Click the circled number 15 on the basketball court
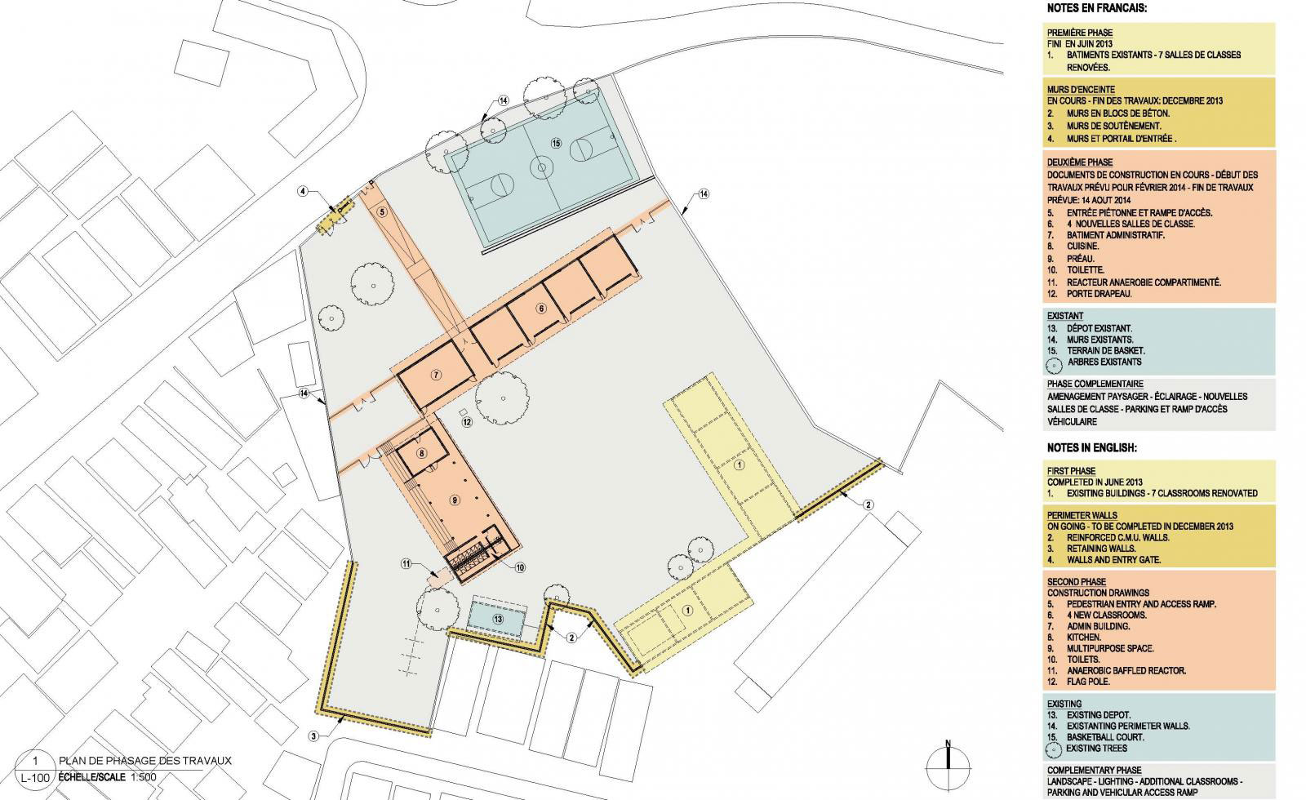[556, 144]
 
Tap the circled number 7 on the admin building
[436, 375]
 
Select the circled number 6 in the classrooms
[541, 309]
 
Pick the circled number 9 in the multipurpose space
[455, 500]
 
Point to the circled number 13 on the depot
[497, 620]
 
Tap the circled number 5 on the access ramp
[382, 212]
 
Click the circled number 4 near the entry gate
[303, 191]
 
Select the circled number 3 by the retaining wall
[314, 736]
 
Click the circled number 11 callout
[406, 564]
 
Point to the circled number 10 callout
[520, 567]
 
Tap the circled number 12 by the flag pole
[466, 422]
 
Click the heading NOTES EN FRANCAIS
[1097, 8]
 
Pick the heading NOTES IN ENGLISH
[1092, 448]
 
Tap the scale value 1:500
[144, 777]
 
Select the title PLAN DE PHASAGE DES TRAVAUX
[145, 761]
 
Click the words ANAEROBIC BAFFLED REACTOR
[1126, 670]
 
